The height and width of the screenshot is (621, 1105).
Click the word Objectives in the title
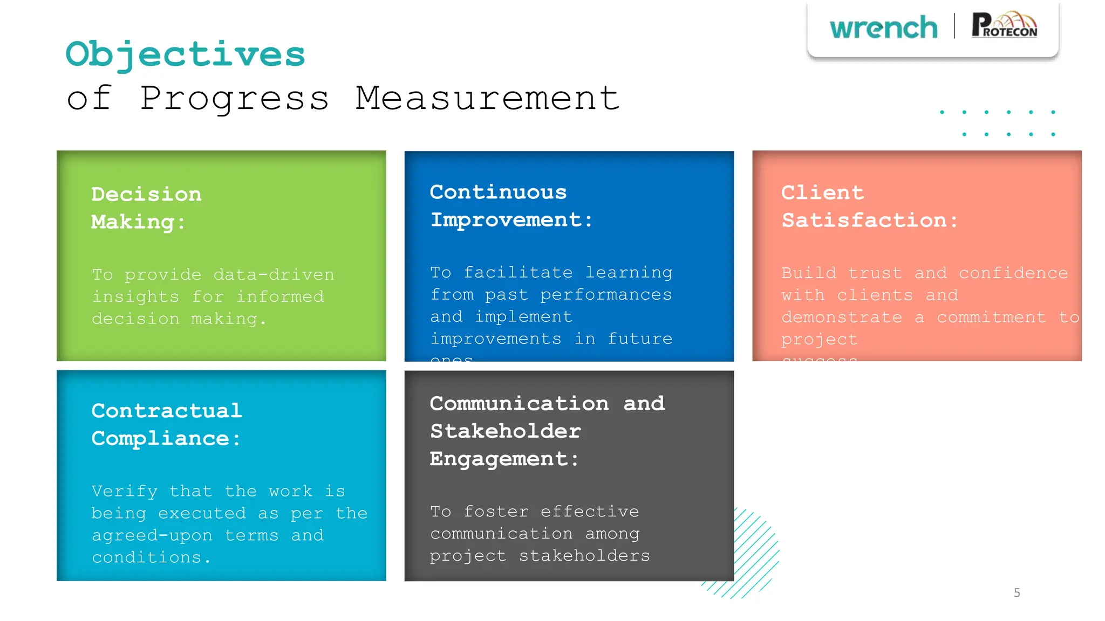click(185, 54)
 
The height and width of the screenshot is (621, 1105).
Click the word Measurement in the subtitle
click(487, 99)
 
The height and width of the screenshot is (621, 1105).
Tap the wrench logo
click(883, 27)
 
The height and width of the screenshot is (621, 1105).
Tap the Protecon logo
click(1004, 25)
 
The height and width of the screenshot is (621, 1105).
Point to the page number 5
click(1017, 593)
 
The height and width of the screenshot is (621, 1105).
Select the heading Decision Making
click(146, 208)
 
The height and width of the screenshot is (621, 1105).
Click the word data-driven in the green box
click(274, 274)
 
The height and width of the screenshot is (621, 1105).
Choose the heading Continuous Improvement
click(510, 206)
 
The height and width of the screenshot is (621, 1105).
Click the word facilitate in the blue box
click(518, 272)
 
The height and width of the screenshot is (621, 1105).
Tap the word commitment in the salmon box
click(991, 318)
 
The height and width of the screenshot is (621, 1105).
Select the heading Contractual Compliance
click(166, 425)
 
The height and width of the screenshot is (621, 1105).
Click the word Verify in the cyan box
click(124, 491)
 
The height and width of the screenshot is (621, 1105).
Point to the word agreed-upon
click(152, 535)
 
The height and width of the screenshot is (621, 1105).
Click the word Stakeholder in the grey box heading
click(505, 431)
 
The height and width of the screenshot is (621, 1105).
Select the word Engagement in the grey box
click(499, 459)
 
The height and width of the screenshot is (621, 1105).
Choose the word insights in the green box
click(135, 296)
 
